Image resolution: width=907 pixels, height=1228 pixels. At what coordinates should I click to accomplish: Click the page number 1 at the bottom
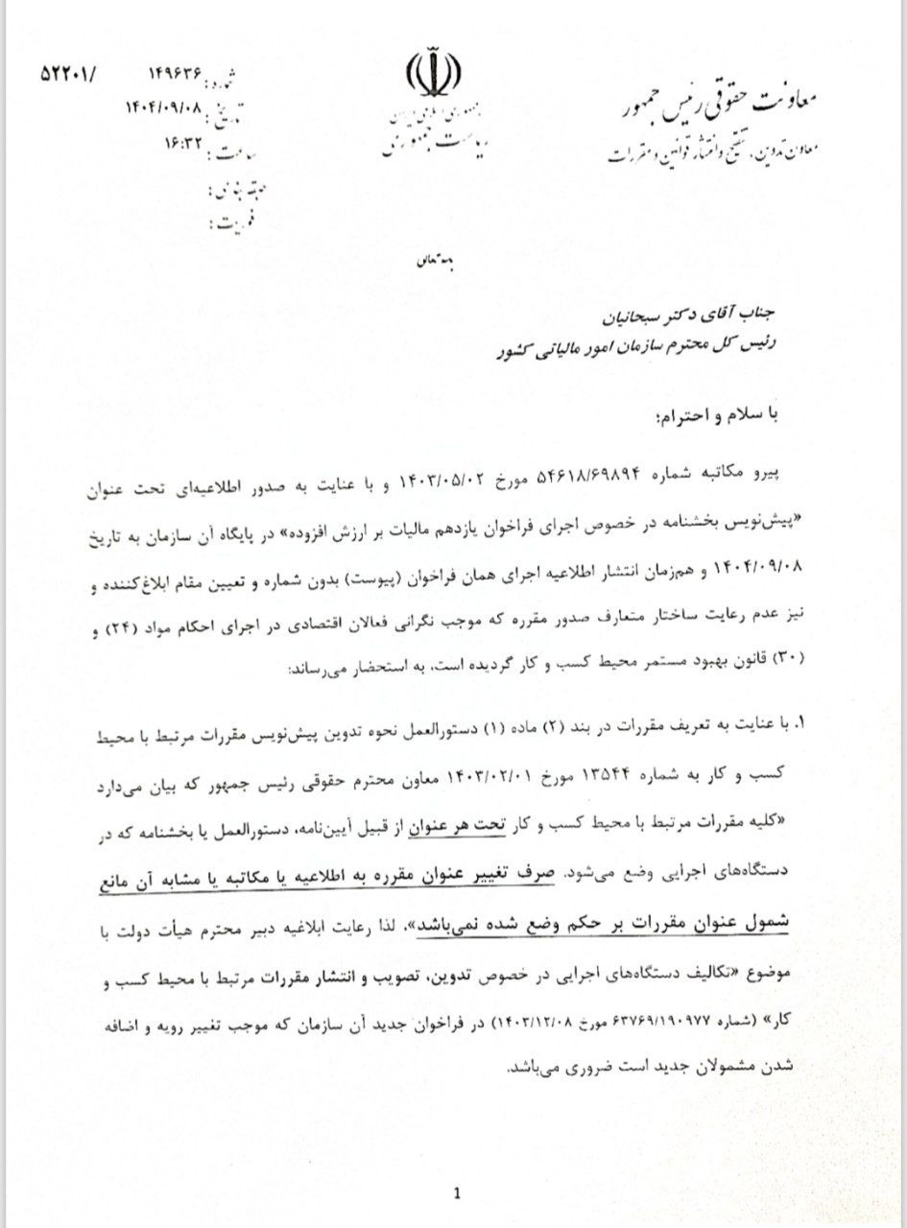(x=457, y=1193)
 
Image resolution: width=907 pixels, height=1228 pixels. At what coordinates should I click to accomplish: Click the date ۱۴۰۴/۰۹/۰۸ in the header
(x=164, y=107)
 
